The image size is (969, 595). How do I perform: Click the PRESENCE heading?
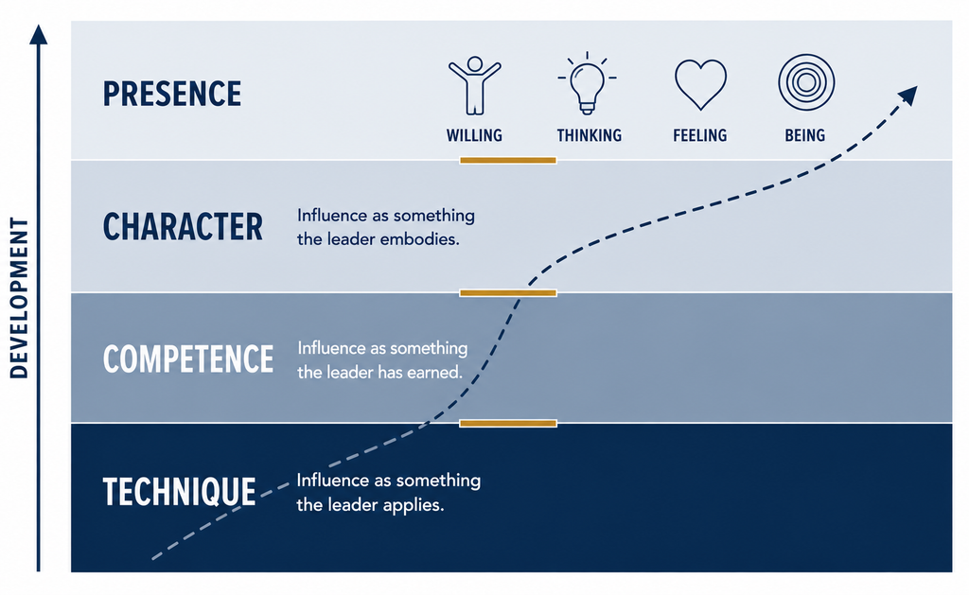point(172,94)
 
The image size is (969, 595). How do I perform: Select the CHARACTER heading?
point(183,227)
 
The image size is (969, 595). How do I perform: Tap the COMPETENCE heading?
point(188,359)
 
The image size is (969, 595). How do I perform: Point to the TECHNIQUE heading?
point(179,492)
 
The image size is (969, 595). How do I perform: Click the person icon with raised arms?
point(475,85)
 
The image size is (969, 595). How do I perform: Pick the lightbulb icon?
point(587,83)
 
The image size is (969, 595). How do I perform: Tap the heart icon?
point(700,84)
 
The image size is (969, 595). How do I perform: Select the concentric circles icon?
point(806,83)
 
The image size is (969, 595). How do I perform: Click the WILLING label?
point(475,135)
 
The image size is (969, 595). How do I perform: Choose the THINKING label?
point(589,135)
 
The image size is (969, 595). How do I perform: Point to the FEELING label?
point(700,135)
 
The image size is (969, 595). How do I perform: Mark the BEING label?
point(805,135)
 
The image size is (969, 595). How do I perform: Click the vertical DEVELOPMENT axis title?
point(19,298)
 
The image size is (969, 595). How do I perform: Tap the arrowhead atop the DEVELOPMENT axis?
point(38,35)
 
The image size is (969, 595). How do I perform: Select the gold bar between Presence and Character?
point(508,161)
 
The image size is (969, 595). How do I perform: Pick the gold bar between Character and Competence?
point(508,293)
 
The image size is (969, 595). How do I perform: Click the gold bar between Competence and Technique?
point(508,423)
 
